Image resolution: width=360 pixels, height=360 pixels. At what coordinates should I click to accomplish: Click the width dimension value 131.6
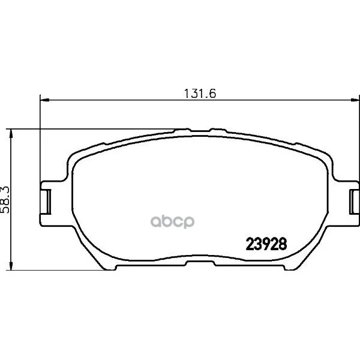[x=200, y=94]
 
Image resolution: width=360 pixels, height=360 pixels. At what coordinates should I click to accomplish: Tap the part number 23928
[x=266, y=244]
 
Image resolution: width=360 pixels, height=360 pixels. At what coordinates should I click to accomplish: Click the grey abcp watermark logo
[x=172, y=222]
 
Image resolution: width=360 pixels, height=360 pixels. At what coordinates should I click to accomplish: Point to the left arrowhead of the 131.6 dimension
[x=44, y=100]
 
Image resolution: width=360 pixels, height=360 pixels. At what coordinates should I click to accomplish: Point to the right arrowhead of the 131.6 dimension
[x=355, y=100]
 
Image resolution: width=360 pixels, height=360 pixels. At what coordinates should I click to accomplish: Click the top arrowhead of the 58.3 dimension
[x=11, y=133]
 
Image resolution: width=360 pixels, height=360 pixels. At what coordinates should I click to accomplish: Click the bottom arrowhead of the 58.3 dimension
[x=11, y=266]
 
